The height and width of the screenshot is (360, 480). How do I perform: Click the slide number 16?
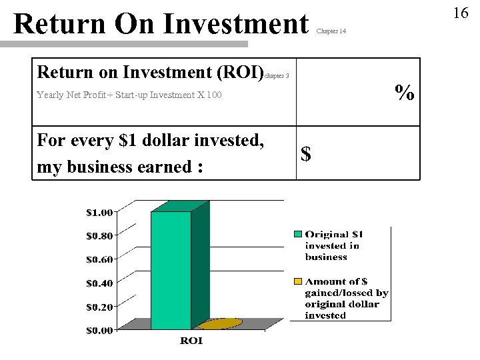pyautogui.click(x=461, y=13)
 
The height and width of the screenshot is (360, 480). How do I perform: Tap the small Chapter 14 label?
pyautogui.click(x=331, y=31)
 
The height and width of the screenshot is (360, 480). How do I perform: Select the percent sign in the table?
pyautogui.click(x=403, y=93)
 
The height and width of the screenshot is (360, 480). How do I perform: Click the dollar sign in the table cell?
pyautogui.click(x=306, y=155)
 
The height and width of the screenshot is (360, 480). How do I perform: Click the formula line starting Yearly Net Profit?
pyautogui.click(x=129, y=95)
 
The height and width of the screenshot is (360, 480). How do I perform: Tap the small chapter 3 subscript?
pyautogui.click(x=277, y=76)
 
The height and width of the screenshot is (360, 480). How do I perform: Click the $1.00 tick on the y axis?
pyautogui.click(x=99, y=213)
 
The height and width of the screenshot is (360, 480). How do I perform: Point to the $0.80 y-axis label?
pyautogui.click(x=99, y=235)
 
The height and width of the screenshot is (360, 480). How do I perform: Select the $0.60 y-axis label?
pyautogui.click(x=99, y=259)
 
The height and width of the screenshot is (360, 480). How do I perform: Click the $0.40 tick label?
pyautogui.click(x=99, y=283)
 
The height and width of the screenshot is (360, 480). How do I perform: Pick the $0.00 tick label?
pyautogui.click(x=99, y=329)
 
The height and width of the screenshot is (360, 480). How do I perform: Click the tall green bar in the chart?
pyautogui.click(x=171, y=270)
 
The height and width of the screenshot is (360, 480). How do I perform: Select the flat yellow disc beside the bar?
pyautogui.click(x=220, y=324)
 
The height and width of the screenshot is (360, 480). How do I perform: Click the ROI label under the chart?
pyautogui.click(x=191, y=341)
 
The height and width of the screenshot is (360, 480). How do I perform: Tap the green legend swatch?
pyautogui.click(x=298, y=234)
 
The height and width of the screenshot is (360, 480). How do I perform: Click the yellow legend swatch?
pyautogui.click(x=298, y=281)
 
